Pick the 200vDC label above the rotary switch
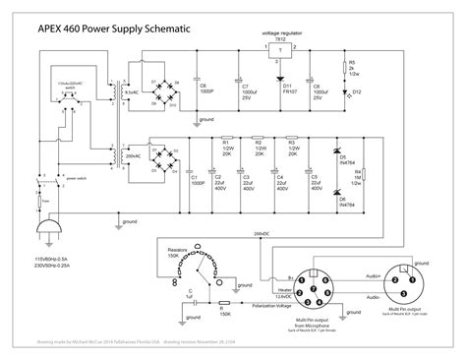point(262,232)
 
